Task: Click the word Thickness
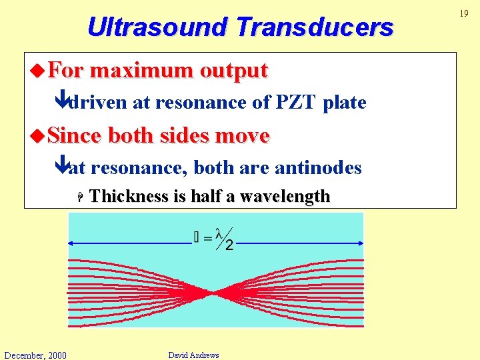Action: point(128,196)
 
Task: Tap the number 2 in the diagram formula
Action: point(229,246)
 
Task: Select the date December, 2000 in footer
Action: point(35,355)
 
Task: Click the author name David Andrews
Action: point(193,355)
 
